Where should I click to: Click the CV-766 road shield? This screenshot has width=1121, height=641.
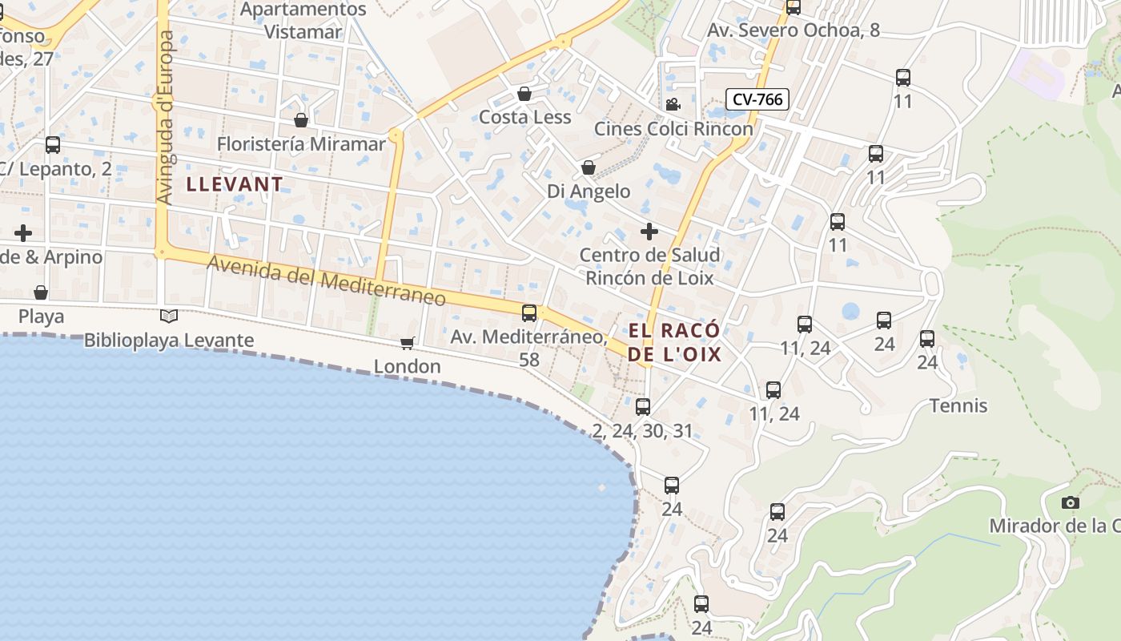tap(757, 99)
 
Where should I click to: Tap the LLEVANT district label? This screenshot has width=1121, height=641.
tap(235, 184)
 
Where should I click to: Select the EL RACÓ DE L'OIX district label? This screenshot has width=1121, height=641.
tap(674, 343)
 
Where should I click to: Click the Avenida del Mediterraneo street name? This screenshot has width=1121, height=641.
tap(326, 280)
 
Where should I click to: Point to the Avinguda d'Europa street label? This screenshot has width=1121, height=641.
tap(165, 117)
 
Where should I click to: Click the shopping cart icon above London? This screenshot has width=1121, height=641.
tap(407, 343)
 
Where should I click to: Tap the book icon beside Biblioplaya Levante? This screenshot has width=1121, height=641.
tap(168, 316)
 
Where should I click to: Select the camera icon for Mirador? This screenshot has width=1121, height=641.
tap(1070, 502)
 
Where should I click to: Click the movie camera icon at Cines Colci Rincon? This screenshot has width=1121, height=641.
tap(673, 105)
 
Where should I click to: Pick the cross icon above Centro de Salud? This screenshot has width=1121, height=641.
tap(649, 232)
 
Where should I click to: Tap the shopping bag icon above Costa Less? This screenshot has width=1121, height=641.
tap(524, 94)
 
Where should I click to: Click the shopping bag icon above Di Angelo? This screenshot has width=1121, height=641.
tap(589, 167)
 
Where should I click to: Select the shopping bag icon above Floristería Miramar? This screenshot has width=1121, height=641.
tap(301, 120)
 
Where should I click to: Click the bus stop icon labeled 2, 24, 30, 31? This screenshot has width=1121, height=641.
tap(642, 406)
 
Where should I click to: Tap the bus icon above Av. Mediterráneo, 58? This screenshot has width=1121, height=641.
tap(529, 313)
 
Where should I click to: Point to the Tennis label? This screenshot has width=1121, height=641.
tap(958, 405)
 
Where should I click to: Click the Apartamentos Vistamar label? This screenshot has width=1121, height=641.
tap(303, 21)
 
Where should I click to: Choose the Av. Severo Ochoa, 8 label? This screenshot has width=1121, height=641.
tap(793, 30)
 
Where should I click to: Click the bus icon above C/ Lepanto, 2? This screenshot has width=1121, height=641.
tap(53, 145)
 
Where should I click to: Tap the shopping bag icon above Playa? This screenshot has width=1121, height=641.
tap(41, 292)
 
